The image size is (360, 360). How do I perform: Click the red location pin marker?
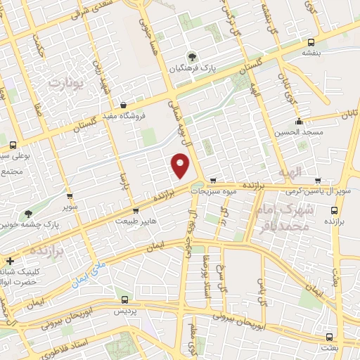181,167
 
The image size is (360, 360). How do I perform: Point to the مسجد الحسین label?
299,131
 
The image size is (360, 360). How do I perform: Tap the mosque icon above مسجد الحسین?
299,120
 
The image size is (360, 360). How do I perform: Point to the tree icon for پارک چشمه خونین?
28,213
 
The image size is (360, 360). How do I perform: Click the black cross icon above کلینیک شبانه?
10,261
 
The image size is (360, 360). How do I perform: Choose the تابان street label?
349,112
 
